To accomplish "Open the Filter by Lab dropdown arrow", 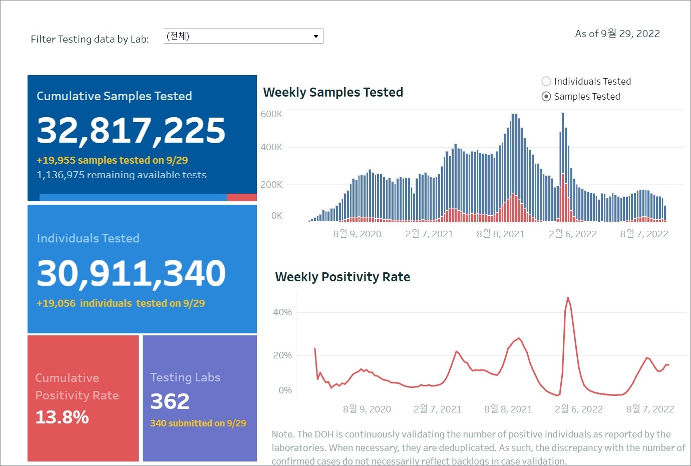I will click(x=315, y=36).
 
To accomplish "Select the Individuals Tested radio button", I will click(x=546, y=82).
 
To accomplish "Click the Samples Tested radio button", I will click(x=546, y=97).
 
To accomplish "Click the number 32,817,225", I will click(x=131, y=130).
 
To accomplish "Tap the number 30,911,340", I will click(x=131, y=273).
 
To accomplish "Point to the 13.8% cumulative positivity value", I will click(x=62, y=417).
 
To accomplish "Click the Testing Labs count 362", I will click(x=170, y=401).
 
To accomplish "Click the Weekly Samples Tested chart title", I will click(x=333, y=92).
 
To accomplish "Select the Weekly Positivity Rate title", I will click(x=342, y=277).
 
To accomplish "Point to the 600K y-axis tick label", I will click(x=271, y=114).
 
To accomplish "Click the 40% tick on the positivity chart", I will click(x=282, y=312).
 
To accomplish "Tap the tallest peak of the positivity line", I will click(x=568, y=298).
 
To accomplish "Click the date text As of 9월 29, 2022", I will click(x=617, y=34).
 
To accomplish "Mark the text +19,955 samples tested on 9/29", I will click(x=112, y=160).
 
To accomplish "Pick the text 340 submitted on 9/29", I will click(x=198, y=423).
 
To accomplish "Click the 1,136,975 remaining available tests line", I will click(x=122, y=175).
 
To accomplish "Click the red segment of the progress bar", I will click(x=242, y=198).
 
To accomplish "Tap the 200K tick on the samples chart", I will click(x=271, y=185).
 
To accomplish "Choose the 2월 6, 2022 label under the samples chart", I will click(x=572, y=234).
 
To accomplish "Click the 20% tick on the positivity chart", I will click(x=282, y=355).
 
